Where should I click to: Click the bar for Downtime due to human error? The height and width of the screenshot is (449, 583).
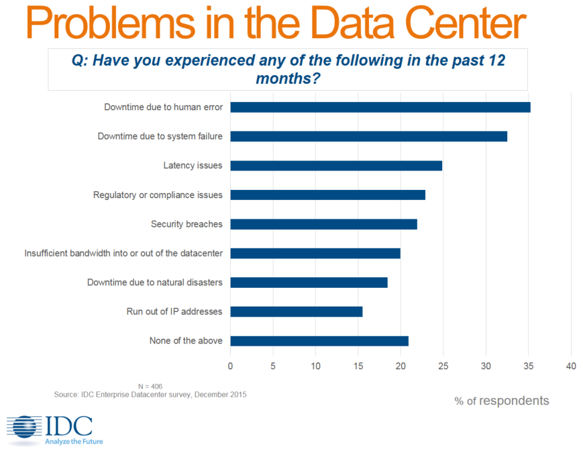(380, 107)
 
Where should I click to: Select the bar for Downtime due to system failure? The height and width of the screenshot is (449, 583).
(368, 136)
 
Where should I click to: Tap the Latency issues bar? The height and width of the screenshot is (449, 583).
(335, 166)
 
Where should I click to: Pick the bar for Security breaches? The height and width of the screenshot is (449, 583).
(323, 224)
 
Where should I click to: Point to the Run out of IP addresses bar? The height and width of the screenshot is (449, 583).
(296, 311)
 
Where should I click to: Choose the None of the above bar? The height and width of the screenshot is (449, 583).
(319, 341)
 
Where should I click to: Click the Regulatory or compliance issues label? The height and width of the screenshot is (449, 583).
(158, 195)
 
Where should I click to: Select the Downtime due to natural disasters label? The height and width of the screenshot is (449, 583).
(154, 283)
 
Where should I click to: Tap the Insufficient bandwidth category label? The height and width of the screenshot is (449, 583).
(123, 253)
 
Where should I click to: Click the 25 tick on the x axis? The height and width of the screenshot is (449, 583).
(443, 366)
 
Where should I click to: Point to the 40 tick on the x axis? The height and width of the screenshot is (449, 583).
(571, 366)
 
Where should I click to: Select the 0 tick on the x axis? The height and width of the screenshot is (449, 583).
(230, 366)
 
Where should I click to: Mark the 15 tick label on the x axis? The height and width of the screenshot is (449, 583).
(358, 366)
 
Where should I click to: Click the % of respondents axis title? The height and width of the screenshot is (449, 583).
(501, 401)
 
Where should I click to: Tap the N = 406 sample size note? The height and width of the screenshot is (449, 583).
(150, 387)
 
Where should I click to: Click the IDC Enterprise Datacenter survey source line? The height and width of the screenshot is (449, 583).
(150, 395)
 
